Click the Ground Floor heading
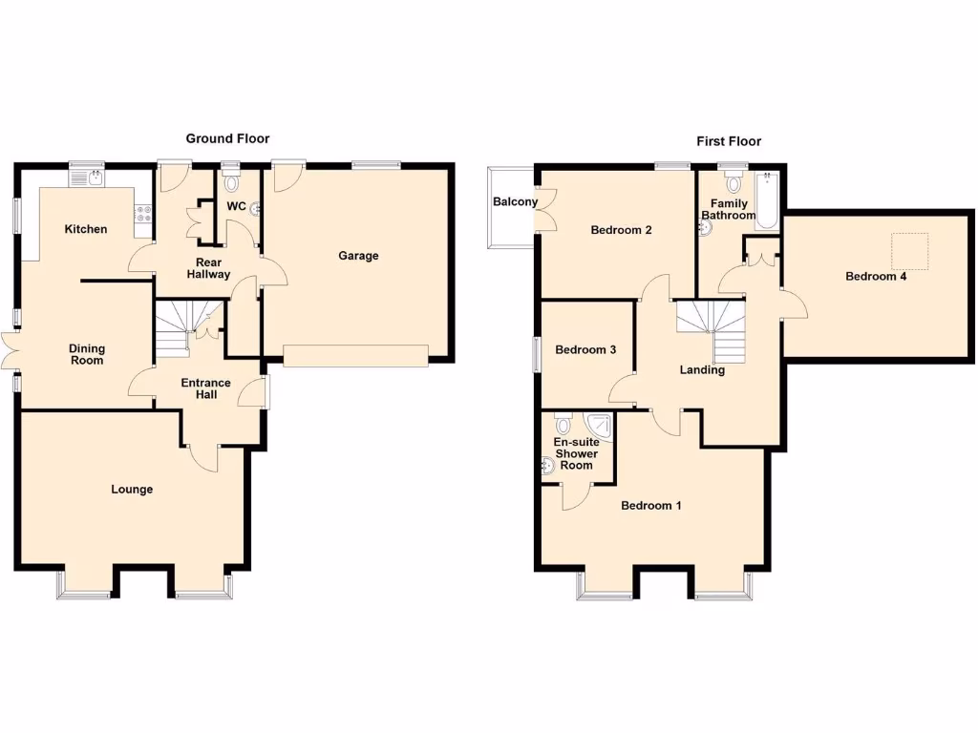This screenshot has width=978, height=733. pos(227,139)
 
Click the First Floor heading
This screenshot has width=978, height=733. pos(728,141)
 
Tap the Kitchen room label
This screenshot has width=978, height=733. pos(86,229)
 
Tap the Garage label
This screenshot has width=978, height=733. pos(358,256)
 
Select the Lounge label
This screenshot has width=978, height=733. pos(132,490)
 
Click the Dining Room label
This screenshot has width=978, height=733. pos(86,354)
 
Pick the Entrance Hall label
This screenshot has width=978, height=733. pos(206,388)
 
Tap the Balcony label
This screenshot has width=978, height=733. pos(515,202)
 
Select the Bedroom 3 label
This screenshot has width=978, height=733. pos(585,350)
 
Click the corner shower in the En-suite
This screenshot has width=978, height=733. pos(599,425)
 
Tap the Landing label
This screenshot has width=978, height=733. pos(702,370)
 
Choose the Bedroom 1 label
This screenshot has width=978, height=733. pos(650,506)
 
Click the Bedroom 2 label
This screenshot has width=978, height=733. pos(621,230)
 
